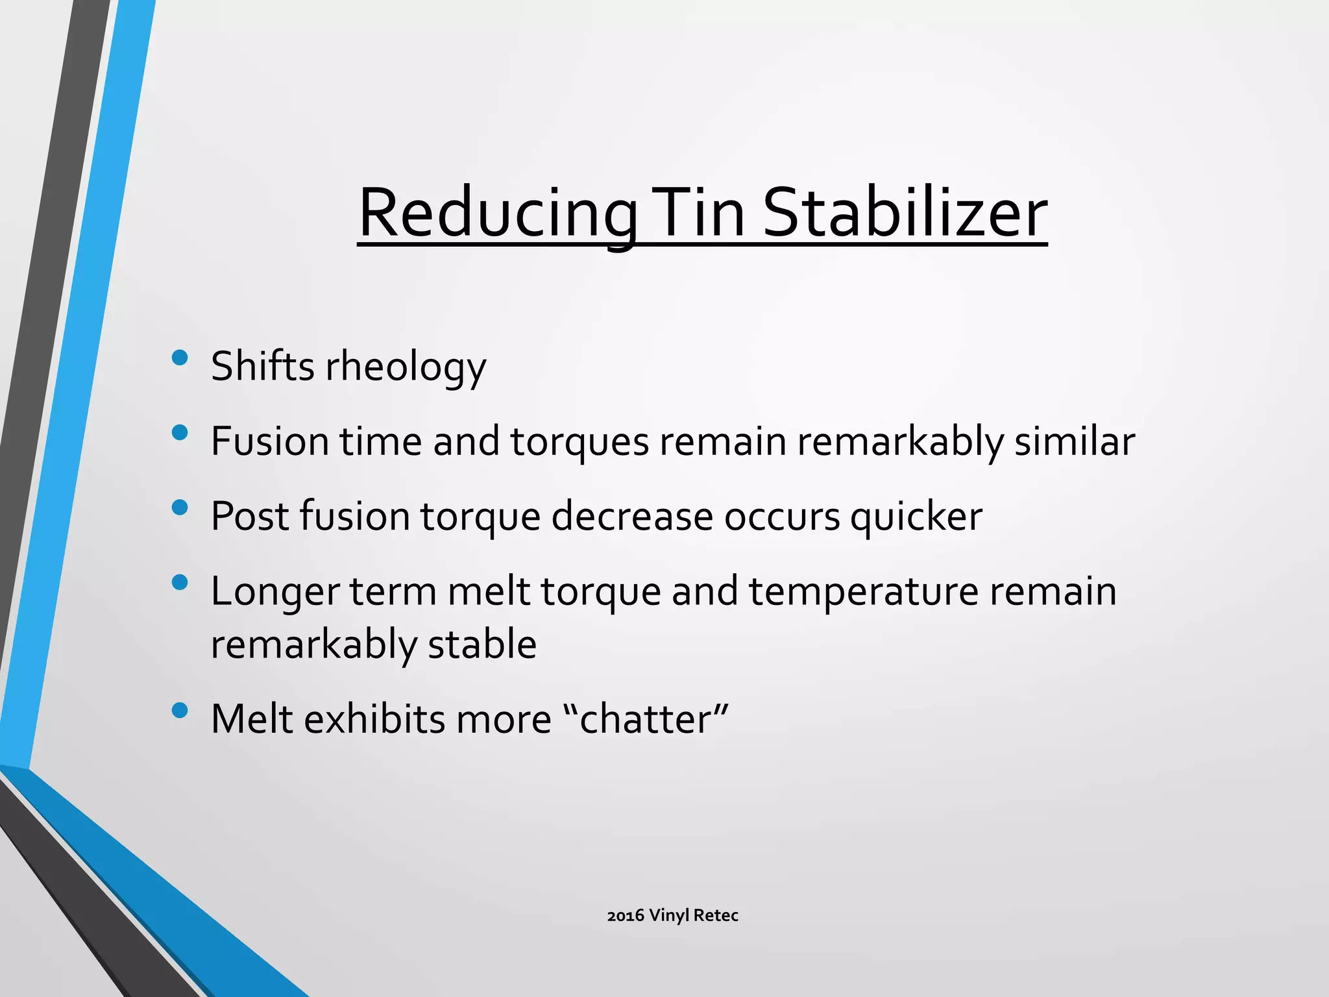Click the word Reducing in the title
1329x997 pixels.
[x=497, y=214]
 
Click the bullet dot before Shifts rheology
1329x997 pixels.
[x=180, y=358]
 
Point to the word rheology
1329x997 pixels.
[x=406, y=367]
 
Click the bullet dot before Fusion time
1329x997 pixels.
[x=180, y=432]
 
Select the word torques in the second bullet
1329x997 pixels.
[x=579, y=441]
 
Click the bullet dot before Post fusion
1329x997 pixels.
[x=180, y=508]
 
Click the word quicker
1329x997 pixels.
[x=916, y=517]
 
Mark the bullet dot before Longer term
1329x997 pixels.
[x=180, y=582]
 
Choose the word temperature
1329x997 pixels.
[x=864, y=592]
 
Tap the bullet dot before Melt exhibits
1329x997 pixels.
[x=180, y=710]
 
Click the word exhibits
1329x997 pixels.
[x=373, y=719]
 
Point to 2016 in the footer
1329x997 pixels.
[x=626, y=916]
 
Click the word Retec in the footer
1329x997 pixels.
[x=716, y=916]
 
